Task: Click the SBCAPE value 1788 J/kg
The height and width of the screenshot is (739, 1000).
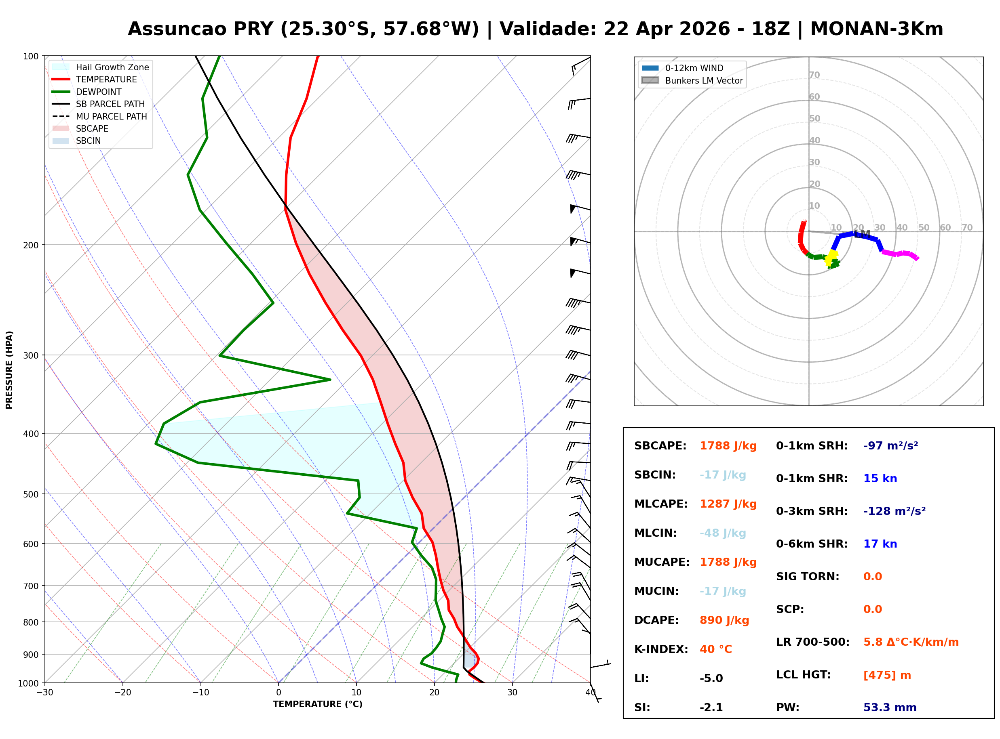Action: [x=728, y=446]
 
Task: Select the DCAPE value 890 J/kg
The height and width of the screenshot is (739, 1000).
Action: [x=724, y=620]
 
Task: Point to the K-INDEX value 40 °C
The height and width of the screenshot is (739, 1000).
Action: [x=715, y=649]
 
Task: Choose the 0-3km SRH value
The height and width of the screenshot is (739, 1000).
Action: [x=894, y=511]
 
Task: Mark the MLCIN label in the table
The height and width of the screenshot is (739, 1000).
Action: [x=655, y=533]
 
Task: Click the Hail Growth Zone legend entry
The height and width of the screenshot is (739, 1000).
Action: [x=112, y=67]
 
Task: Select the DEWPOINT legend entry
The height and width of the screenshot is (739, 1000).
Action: [x=99, y=92]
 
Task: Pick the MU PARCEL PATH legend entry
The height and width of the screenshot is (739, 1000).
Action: [x=111, y=116]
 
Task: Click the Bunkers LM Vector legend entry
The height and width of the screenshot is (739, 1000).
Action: [x=704, y=80]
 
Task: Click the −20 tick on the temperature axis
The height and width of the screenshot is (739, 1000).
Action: [x=122, y=693]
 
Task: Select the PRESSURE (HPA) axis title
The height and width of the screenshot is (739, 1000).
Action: [x=9, y=370]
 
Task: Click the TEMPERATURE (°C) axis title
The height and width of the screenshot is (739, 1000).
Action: [x=317, y=705]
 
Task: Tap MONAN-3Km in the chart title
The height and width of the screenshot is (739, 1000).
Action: [x=876, y=29]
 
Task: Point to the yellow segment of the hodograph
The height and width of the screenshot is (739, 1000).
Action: [x=831, y=257]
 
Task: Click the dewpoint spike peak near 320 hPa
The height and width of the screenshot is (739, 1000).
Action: [x=330, y=380]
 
